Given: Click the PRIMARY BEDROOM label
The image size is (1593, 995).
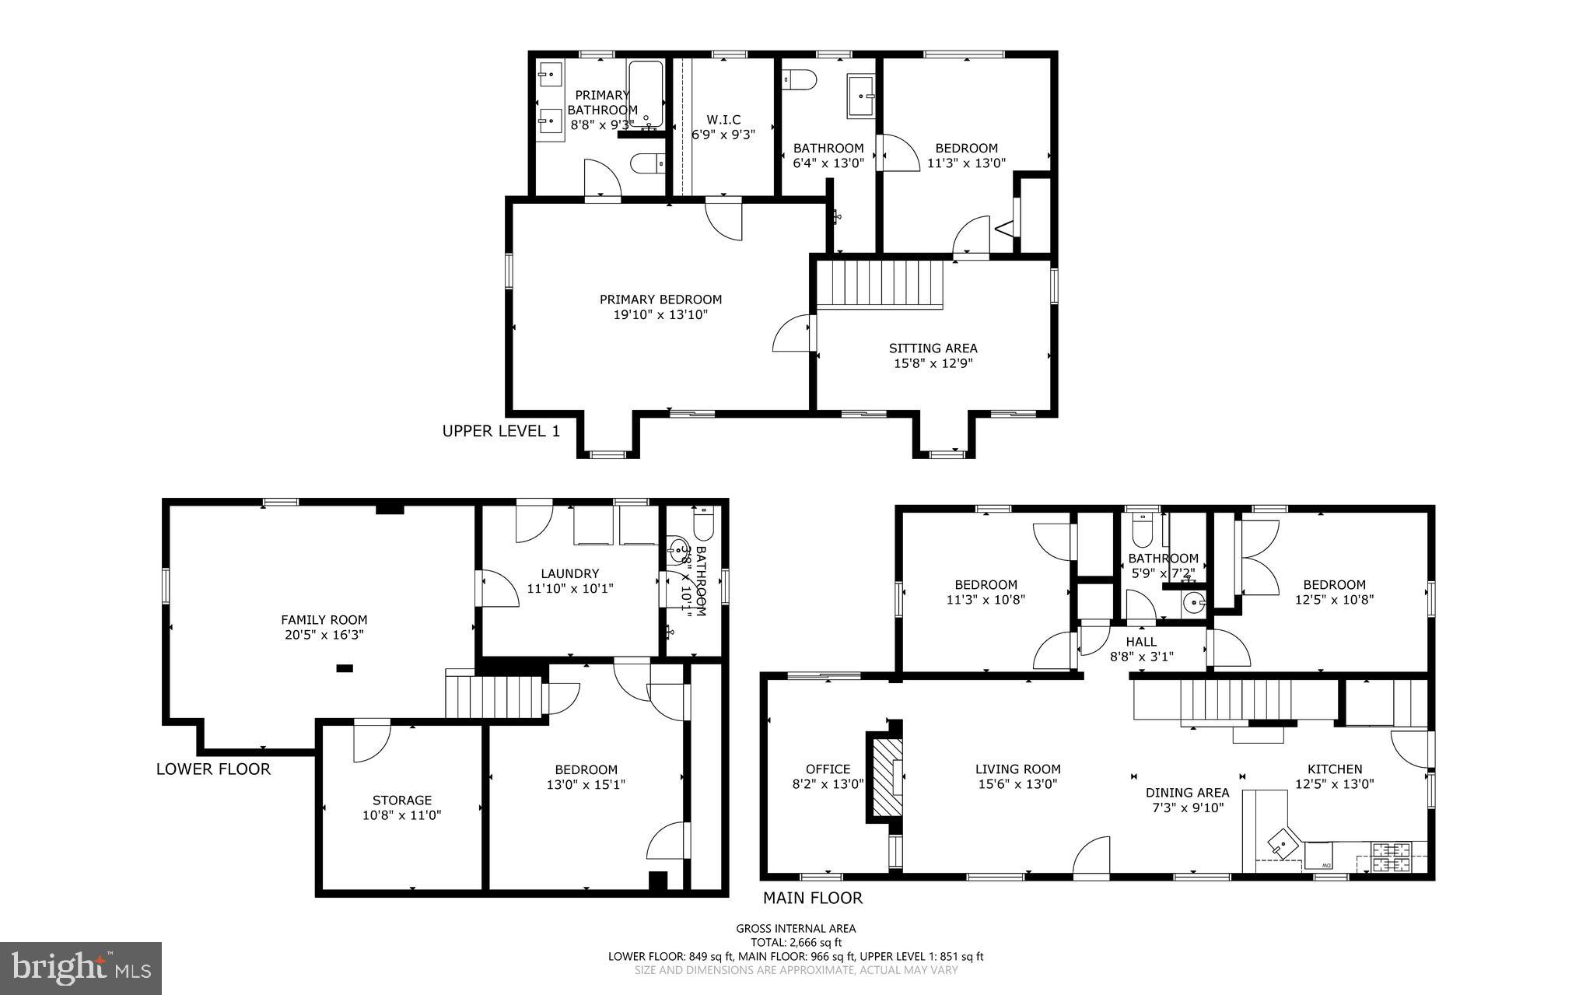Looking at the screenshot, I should click(660, 300).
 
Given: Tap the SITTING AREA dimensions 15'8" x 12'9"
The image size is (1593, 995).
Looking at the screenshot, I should click(933, 363).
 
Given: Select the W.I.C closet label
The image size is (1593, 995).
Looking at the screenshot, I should click(723, 120).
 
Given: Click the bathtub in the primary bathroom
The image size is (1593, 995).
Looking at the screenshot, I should click(646, 93).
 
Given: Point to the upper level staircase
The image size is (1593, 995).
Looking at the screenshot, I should click(879, 284).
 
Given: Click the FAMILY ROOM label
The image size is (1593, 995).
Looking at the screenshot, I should click(324, 620).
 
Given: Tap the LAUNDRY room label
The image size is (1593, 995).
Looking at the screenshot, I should click(570, 573).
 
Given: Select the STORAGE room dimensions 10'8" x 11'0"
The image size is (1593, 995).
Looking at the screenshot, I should click(402, 815).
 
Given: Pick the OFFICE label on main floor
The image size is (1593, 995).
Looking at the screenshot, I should click(828, 769).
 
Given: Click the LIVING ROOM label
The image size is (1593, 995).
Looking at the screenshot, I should click(1017, 769).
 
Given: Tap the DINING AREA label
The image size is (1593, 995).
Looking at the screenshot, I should click(1187, 793).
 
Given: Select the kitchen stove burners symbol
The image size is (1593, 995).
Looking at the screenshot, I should click(1391, 857).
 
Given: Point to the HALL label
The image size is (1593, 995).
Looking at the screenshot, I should click(1141, 642).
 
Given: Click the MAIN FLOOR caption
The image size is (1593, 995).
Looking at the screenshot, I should click(812, 898).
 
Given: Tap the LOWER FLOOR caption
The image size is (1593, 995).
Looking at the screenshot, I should click(213, 769).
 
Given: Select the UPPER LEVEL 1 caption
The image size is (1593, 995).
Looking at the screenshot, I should click(501, 431).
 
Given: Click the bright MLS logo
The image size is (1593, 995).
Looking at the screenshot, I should click(81, 968).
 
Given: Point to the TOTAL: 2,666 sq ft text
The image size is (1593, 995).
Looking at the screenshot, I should click(796, 942).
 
